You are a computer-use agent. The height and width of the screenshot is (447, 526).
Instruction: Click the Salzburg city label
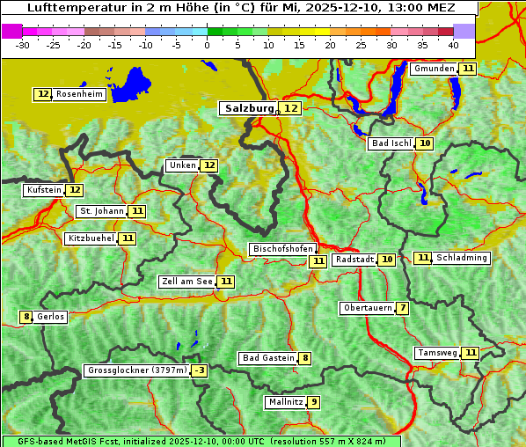pos(247,108)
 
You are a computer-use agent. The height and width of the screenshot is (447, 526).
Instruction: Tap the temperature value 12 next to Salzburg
pos(290,108)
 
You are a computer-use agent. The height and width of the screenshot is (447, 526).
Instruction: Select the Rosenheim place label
pos(78,94)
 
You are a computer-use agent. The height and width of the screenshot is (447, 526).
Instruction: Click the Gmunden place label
pos(434,69)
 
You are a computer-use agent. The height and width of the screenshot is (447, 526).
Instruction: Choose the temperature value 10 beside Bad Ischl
pos(425,143)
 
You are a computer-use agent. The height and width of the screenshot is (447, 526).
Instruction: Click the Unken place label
pos(181,165)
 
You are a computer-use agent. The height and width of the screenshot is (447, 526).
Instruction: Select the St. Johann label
pos(100,211)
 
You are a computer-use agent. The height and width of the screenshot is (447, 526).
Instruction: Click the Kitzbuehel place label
pos(91,238)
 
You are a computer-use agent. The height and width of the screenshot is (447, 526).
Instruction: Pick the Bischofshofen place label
pos(281,250)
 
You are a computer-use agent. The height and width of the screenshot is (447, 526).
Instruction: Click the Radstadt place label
pos(354,260)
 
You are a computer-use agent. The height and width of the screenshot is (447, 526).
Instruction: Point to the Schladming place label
pos(461,258)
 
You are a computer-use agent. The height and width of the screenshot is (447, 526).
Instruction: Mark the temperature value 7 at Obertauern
pos(402,308)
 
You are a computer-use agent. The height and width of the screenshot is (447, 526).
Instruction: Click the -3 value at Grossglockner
pos(200,370)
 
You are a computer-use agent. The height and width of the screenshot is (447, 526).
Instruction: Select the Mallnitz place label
pos(285,402)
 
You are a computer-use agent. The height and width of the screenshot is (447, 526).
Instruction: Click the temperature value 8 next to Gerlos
pos(26,317)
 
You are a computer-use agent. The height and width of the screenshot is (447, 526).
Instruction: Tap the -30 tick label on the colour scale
pos(23,44)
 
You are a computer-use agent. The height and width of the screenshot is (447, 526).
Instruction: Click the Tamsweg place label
pos(437,353)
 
